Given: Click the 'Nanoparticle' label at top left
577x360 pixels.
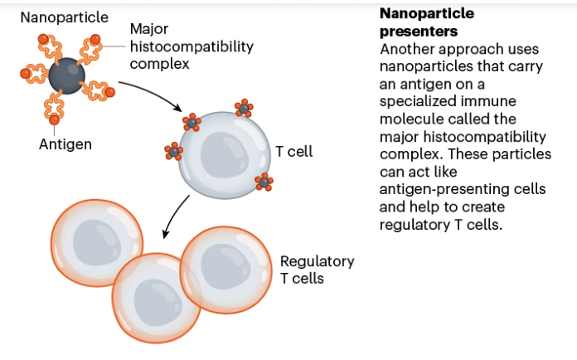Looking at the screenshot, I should click(x=65, y=17).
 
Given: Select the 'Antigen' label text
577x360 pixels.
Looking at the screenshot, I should click(x=65, y=144).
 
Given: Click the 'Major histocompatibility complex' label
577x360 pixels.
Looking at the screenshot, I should click(x=191, y=46).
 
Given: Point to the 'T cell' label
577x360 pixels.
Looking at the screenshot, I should click(x=293, y=152).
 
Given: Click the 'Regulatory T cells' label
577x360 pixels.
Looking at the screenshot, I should click(x=317, y=270).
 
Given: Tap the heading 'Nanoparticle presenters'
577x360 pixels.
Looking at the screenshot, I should click(x=429, y=23).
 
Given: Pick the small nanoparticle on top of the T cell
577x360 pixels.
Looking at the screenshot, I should click(x=243, y=108).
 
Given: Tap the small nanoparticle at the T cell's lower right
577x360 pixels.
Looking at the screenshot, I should click(x=264, y=182).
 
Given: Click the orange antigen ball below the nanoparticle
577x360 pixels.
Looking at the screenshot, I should click(x=54, y=122).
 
